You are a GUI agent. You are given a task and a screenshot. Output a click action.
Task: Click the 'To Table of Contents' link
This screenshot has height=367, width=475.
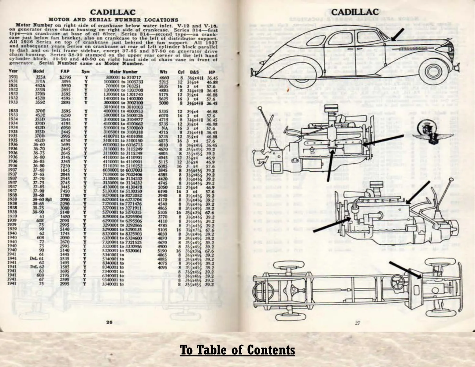(237, 350)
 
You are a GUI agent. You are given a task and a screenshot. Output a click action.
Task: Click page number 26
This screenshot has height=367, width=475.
(109, 322)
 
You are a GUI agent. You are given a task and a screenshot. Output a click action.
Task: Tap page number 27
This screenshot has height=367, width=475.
(357, 323)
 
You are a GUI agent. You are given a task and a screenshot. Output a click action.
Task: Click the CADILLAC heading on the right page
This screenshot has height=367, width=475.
(355, 12)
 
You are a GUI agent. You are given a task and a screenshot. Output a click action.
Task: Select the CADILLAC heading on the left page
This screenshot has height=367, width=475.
(113, 12)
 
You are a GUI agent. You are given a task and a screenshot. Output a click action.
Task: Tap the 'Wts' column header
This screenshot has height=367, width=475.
(164, 72)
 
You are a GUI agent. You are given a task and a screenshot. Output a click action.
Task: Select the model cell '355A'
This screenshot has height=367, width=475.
(40, 78)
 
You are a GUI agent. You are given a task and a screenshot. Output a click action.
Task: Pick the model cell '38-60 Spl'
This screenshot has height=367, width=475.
(43, 199)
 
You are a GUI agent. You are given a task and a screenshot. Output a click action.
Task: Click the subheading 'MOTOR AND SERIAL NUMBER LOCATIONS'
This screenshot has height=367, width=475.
(113, 20)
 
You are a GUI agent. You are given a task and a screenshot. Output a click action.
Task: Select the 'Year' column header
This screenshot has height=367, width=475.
(13, 72)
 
